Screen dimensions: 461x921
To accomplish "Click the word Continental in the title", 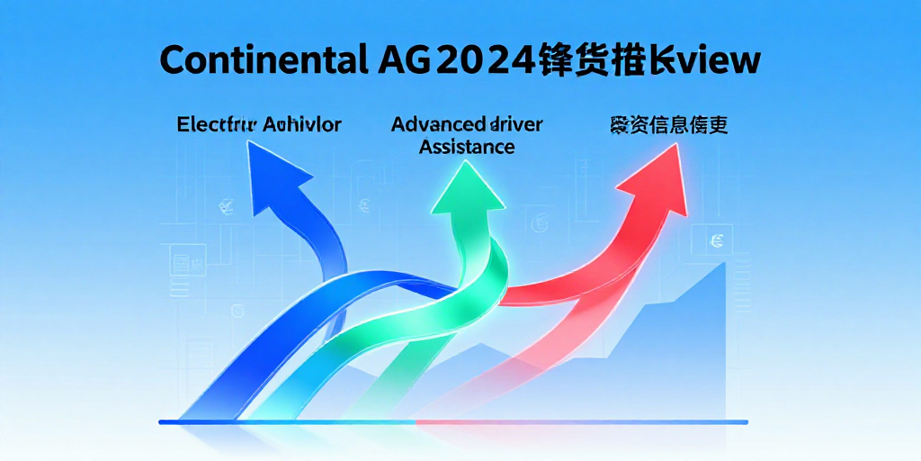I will pos(261,59).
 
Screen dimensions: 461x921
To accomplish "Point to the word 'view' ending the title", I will pos(720,59).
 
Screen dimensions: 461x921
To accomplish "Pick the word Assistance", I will pos(467,146).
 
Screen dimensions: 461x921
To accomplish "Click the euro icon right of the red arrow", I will pos(716,240).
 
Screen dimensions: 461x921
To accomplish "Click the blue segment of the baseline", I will pos(270,421).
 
